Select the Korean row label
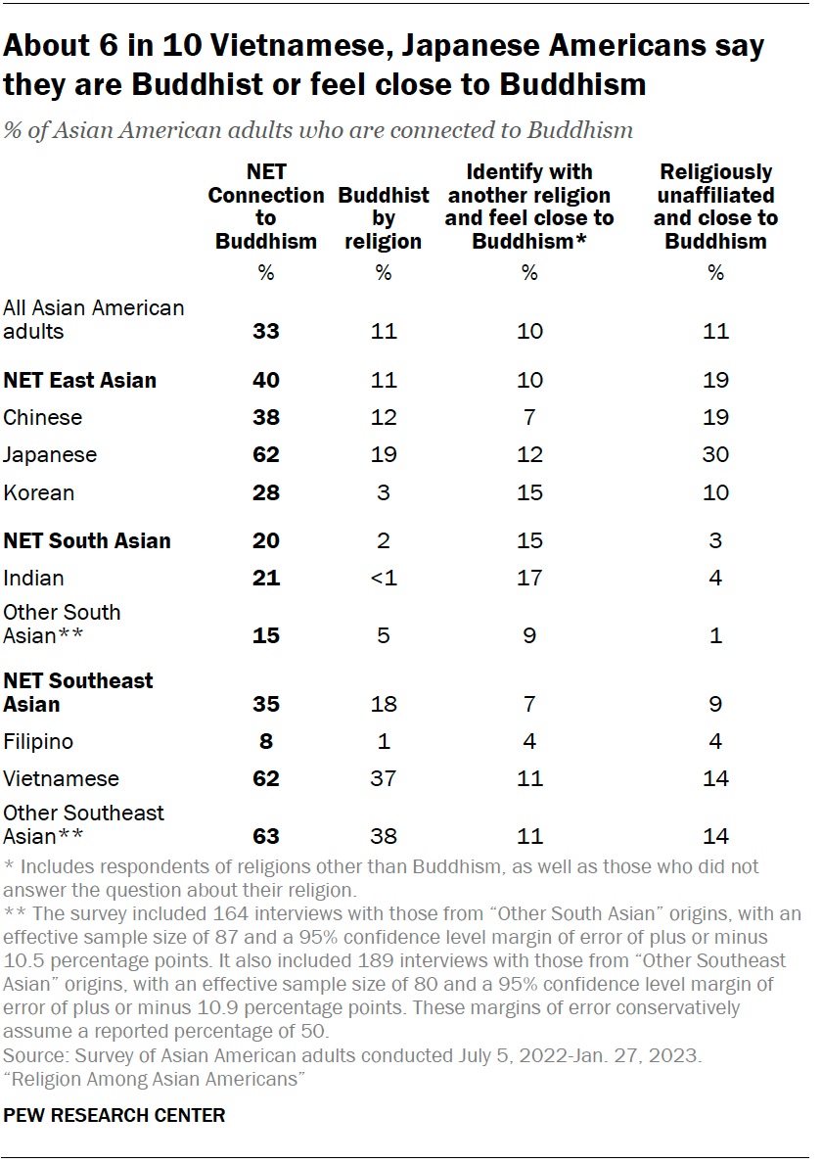coord(38,491)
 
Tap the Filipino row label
coord(38,741)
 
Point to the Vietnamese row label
coord(61,778)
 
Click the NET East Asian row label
coord(79,380)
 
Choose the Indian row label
coord(34,578)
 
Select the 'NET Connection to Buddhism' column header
coord(265,207)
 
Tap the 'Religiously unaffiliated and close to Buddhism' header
coord(715,207)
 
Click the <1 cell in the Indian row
coord(383,578)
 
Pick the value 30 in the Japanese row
coord(715,454)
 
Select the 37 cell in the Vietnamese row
coord(383,778)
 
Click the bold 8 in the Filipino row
coord(265,741)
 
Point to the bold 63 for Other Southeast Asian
coord(265,836)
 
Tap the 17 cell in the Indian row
coord(529,578)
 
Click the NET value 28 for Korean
coord(265,491)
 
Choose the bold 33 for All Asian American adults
coord(265,331)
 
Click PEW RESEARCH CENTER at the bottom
coord(114,1115)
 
